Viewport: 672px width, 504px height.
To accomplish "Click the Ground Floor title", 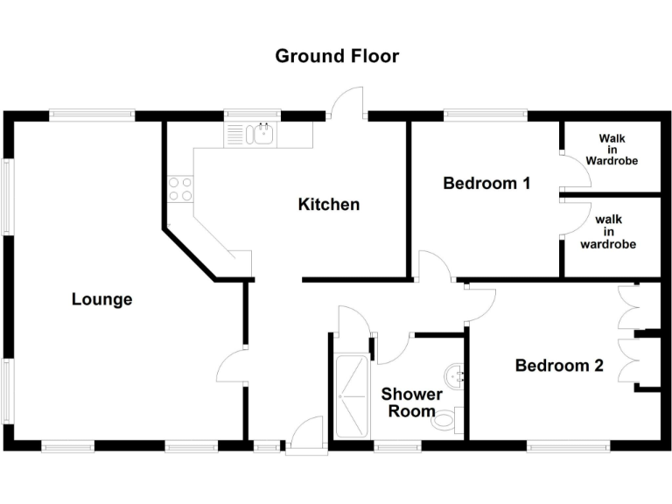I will click(337, 57).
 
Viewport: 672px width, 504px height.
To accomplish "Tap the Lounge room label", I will click(101, 299).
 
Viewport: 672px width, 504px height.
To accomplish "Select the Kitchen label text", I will click(329, 205).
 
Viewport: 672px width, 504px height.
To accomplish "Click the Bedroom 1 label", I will click(486, 184).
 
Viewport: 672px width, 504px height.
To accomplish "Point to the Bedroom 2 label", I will click(559, 366).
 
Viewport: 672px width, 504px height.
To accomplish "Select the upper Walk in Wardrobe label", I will click(612, 150).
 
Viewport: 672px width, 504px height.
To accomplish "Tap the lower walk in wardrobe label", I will click(607, 232).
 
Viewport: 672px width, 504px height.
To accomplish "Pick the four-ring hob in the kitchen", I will click(180, 189).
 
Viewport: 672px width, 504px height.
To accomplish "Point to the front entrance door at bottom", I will click(306, 435).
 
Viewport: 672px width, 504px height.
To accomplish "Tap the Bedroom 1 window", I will click(486, 113).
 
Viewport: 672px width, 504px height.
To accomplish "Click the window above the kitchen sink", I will click(252, 113).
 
